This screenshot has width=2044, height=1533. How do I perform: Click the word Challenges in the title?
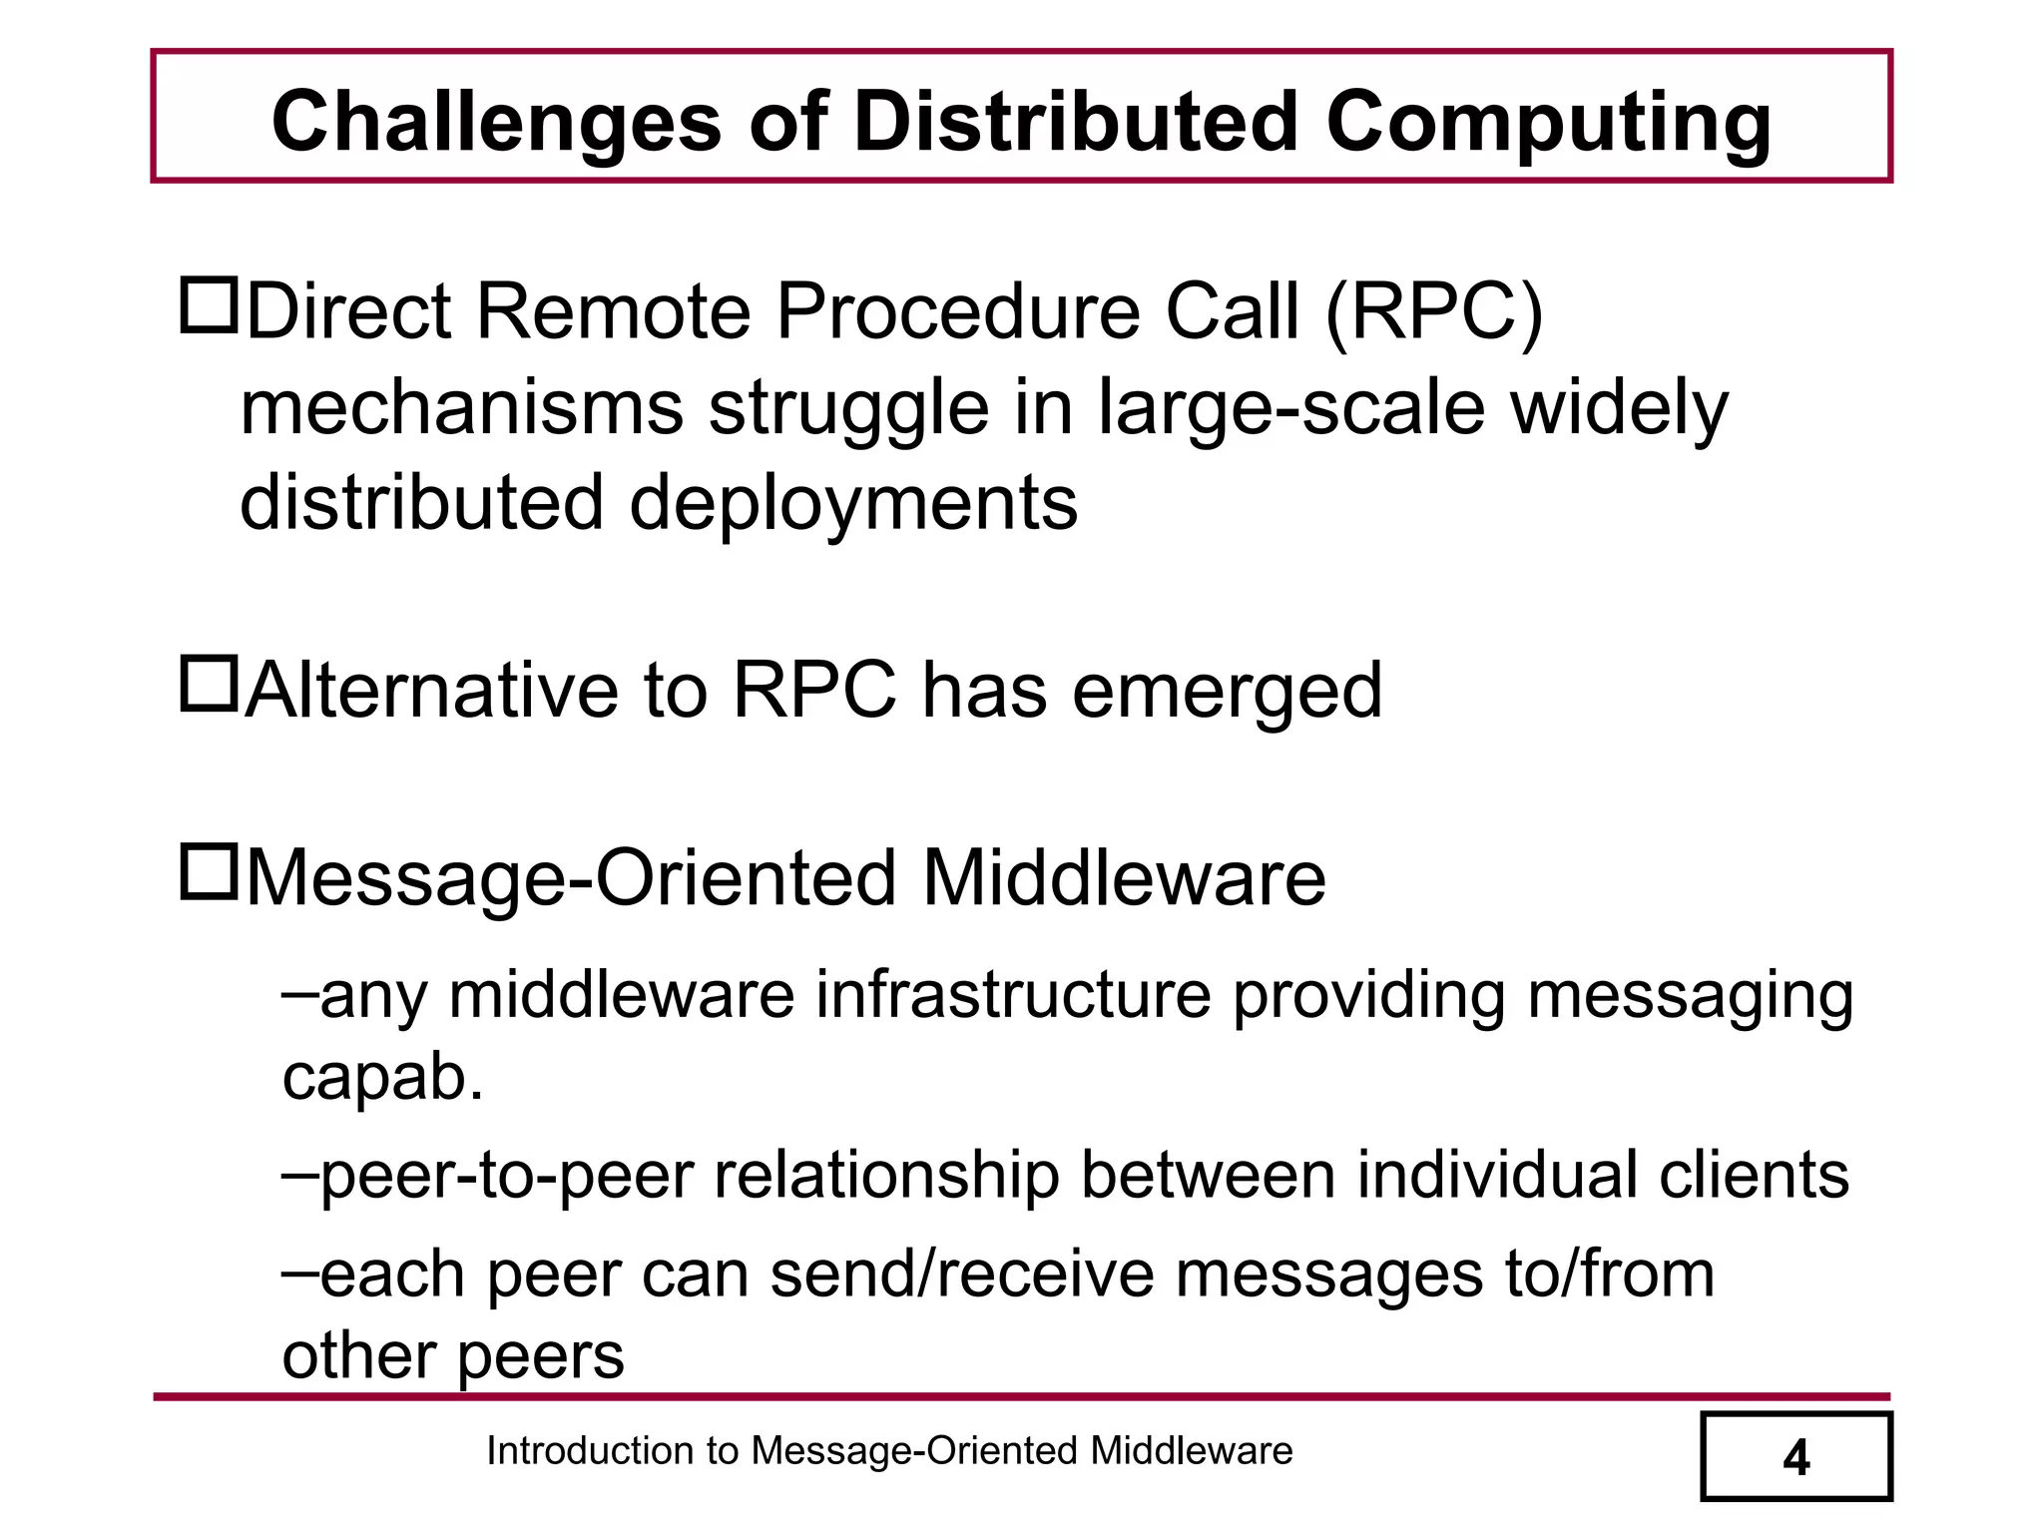pyautogui.click(x=496, y=123)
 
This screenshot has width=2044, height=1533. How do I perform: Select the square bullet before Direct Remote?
pyautogui.click(x=209, y=306)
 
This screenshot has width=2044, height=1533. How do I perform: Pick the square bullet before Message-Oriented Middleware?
pyautogui.click(x=209, y=871)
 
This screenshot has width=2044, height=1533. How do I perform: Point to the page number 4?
pyautogui.click(x=1795, y=1458)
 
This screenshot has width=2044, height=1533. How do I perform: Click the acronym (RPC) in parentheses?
pyautogui.click(x=1434, y=311)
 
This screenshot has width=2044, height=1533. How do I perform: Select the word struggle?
pyautogui.click(x=848, y=409)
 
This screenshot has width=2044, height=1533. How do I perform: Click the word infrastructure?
pyautogui.click(x=1013, y=995)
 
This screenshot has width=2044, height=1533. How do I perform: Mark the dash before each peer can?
pyautogui.click(x=299, y=1272)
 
